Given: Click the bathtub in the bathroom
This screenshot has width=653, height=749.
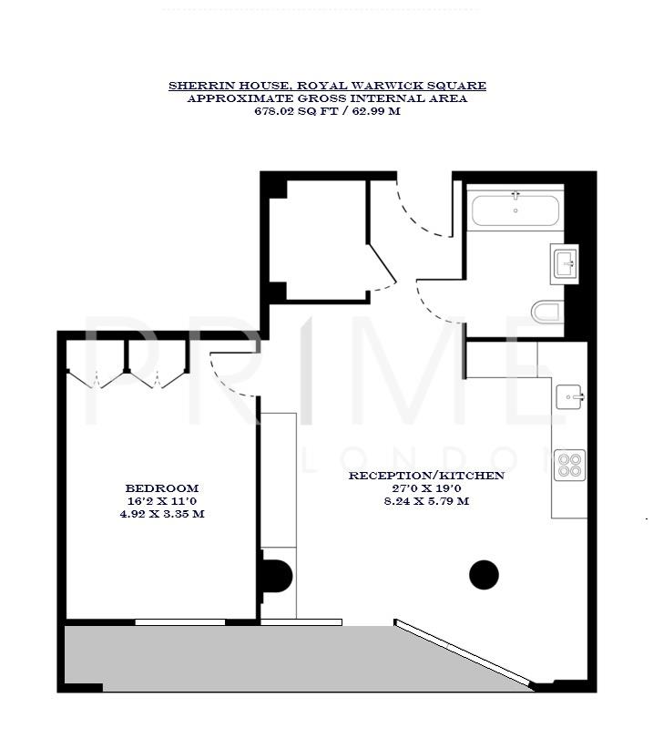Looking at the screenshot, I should (515, 210).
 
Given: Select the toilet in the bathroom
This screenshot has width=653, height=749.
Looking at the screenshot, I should (546, 313).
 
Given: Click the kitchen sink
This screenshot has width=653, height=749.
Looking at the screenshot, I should (570, 396).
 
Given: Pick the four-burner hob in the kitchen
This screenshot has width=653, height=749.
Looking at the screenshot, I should (570, 465).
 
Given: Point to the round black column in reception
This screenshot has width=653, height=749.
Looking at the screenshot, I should (484, 574).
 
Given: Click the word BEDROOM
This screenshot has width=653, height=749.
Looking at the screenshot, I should (162, 488).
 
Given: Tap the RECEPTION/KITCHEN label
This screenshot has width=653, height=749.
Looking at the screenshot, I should (426, 476).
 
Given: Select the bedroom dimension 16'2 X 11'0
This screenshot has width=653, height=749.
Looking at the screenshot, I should (162, 501).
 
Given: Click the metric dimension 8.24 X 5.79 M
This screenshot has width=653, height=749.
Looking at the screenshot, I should (426, 501).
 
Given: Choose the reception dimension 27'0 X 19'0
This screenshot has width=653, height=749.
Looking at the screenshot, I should (426, 488).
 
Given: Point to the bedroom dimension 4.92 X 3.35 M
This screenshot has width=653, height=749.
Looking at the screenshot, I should (162, 514).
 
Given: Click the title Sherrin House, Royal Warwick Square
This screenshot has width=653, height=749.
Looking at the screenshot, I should (327, 86).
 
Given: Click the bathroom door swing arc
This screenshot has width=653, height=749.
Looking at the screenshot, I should (437, 305).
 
